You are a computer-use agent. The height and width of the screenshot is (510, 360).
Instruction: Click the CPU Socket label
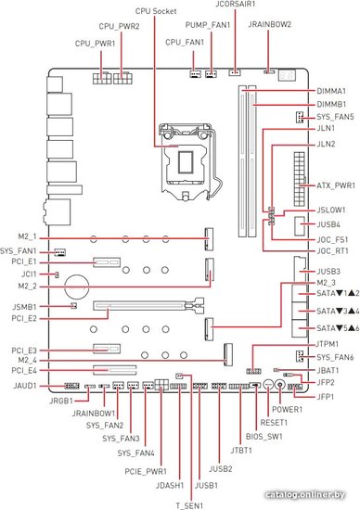pos(156,11)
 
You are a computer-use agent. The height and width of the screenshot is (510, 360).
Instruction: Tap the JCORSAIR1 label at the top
pos(236,4)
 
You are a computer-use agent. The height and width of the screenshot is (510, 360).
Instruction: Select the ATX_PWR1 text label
pos(336,185)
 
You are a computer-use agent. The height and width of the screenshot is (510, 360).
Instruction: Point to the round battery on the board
pos(76,287)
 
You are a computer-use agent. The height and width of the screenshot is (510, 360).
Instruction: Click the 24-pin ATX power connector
pos(300,179)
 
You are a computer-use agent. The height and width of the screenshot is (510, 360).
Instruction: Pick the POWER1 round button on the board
pos(280,386)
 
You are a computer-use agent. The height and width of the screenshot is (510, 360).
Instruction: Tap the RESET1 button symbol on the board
pos(268,386)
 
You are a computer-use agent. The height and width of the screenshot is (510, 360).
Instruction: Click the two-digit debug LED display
pos(287,75)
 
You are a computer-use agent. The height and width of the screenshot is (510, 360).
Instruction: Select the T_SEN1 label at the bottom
pos(189,505)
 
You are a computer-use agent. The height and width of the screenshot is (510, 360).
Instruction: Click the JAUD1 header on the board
pos(71,386)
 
